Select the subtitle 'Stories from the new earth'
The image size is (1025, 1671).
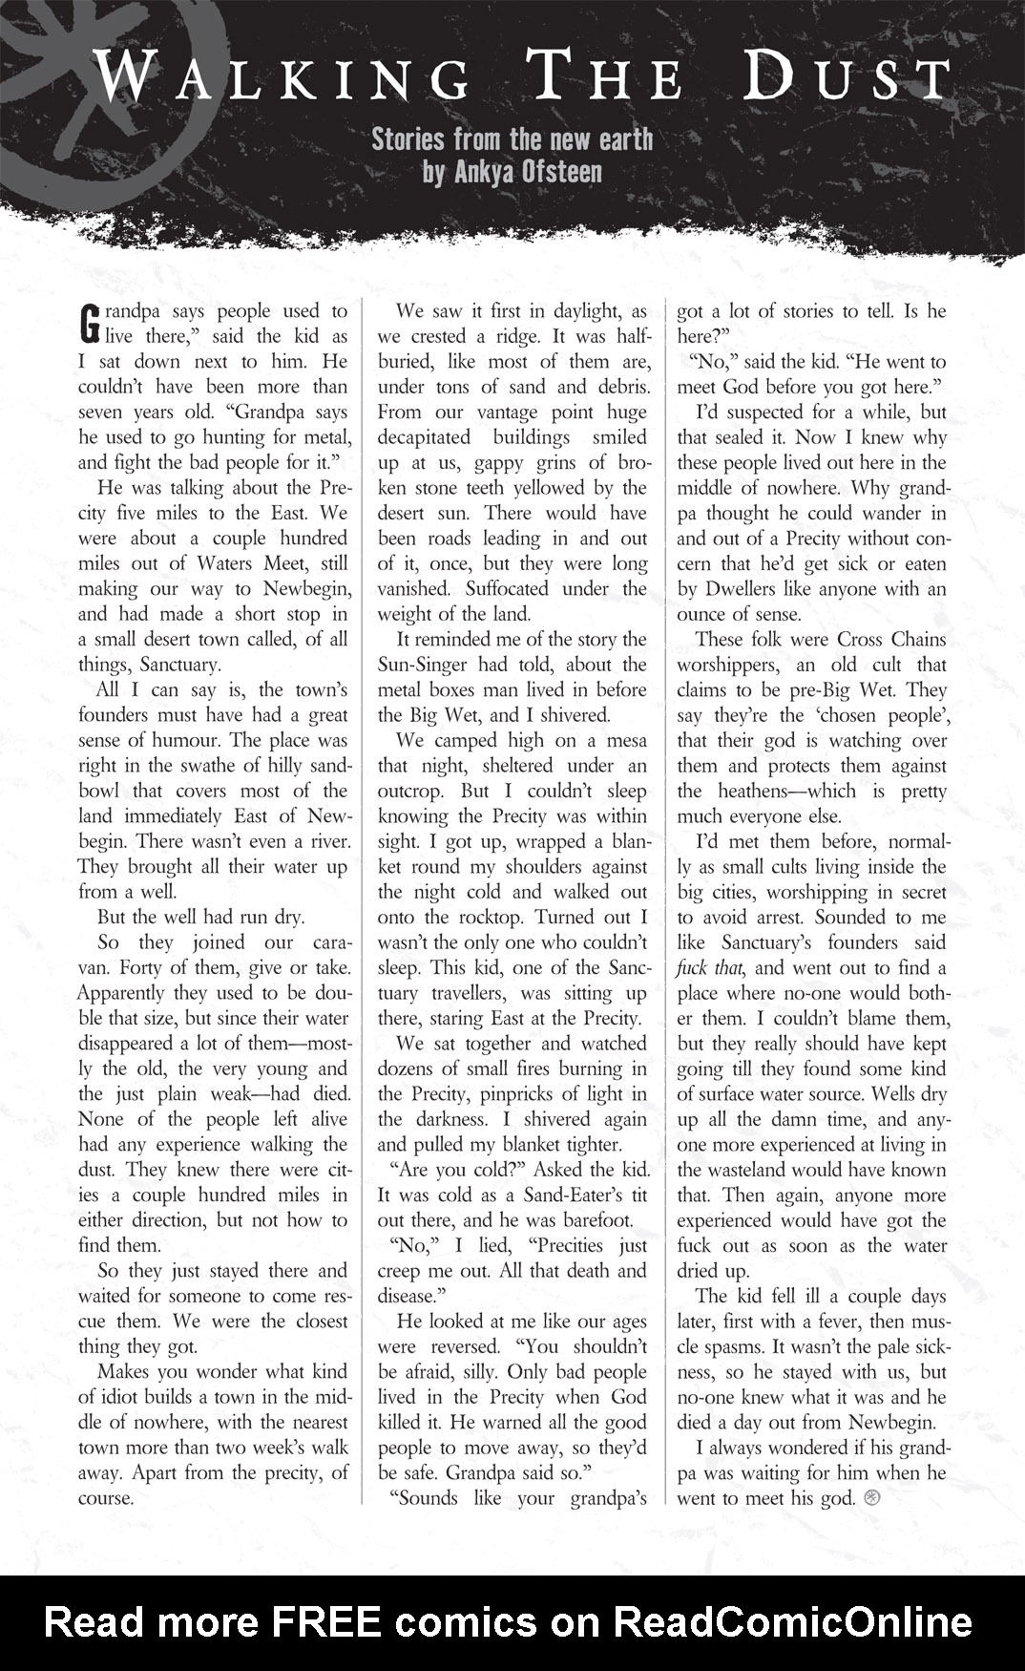coord(512,139)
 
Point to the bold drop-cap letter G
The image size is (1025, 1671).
coord(89,323)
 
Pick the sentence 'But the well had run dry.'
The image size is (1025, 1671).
coord(200,917)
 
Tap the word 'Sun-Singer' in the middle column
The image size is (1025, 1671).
coord(426,665)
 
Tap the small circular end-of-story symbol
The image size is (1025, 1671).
coord(870,1498)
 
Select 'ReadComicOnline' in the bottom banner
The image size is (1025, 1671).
coord(791,1622)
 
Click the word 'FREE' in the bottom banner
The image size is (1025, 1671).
coord(327,1622)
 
